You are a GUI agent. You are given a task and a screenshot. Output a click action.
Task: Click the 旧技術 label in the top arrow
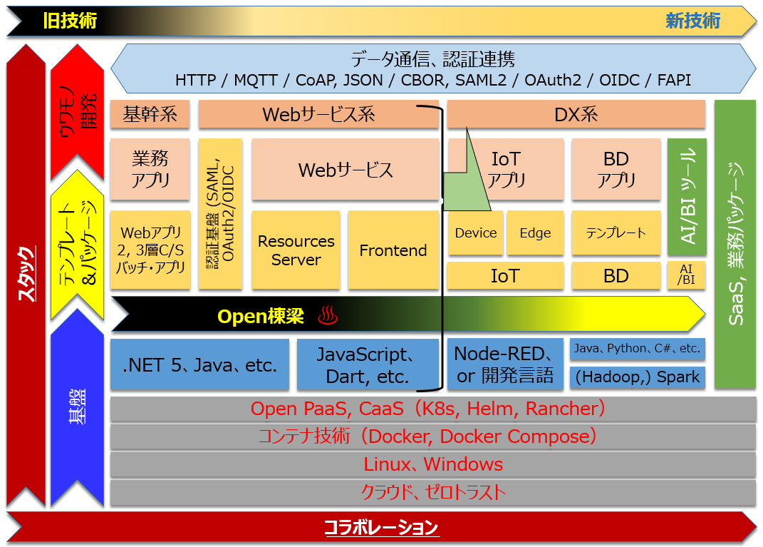[x=69, y=21]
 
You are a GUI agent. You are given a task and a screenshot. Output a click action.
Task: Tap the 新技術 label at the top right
[x=692, y=21]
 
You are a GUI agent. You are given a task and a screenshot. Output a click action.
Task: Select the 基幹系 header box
[x=150, y=114]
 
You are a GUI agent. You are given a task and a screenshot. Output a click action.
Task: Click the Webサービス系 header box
[x=318, y=114]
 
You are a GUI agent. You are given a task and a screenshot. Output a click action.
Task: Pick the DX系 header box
[x=576, y=114]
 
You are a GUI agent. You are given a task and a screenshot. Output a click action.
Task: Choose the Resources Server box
[x=296, y=250]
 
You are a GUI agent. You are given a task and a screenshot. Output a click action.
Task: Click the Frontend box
[x=393, y=250]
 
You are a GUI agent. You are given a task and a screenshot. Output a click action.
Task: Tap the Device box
[x=475, y=233]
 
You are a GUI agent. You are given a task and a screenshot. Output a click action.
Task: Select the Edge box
[x=535, y=233]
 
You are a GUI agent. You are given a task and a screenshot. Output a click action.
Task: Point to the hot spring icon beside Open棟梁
[x=327, y=315]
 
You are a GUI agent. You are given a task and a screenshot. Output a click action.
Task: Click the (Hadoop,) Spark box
[x=638, y=377]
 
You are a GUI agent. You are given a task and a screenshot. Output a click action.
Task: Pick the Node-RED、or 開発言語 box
[x=505, y=364]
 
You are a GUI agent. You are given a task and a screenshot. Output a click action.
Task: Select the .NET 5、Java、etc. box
[x=200, y=365]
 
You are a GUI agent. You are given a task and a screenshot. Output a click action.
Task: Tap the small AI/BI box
[x=687, y=275]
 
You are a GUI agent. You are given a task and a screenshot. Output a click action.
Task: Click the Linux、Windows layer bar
[x=433, y=464]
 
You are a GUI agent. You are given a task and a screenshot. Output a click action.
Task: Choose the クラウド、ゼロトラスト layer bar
[x=433, y=492]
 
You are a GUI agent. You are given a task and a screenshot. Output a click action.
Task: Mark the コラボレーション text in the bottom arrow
[x=381, y=528]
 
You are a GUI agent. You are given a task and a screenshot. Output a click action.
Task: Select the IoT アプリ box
[x=506, y=169]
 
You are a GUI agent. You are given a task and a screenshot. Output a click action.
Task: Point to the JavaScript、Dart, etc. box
[x=367, y=365]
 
